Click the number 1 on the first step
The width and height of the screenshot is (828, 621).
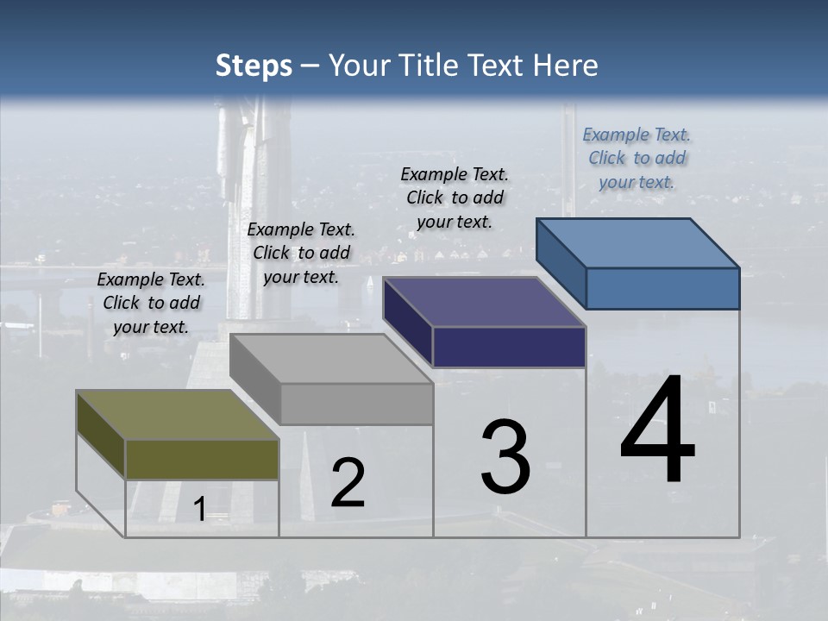point(199,509)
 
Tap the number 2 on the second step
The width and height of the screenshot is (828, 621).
point(348,483)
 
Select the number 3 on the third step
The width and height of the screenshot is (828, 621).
point(505,457)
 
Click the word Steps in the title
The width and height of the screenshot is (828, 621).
point(254,66)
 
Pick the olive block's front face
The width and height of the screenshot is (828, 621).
point(202,459)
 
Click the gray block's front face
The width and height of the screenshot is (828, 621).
point(356,404)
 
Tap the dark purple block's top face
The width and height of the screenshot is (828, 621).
point(483,302)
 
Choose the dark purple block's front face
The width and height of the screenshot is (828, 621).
point(509,347)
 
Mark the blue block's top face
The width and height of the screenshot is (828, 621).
point(637,243)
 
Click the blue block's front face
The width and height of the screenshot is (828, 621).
point(662,288)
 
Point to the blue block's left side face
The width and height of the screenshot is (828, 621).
point(561,263)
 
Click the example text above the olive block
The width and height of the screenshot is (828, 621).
point(151,303)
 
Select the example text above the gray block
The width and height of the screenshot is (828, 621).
point(301,253)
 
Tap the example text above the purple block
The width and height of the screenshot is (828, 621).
point(455,198)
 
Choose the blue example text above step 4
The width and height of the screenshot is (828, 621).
point(637,158)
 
